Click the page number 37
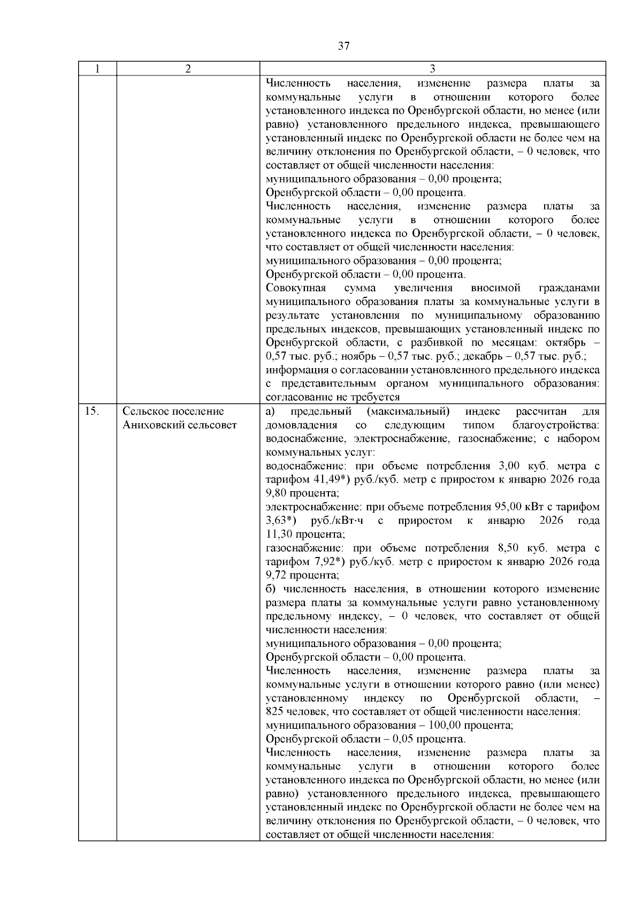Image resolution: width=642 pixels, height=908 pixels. [x=343, y=46]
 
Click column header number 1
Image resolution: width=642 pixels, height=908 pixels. [x=97, y=69]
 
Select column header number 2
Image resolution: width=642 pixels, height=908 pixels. [x=188, y=69]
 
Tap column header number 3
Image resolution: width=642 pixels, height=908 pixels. [x=432, y=69]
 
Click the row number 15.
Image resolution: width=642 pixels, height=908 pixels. [x=92, y=411]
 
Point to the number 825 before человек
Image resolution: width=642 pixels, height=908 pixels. [x=274, y=712]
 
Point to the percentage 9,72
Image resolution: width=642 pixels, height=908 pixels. [x=276, y=575]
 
